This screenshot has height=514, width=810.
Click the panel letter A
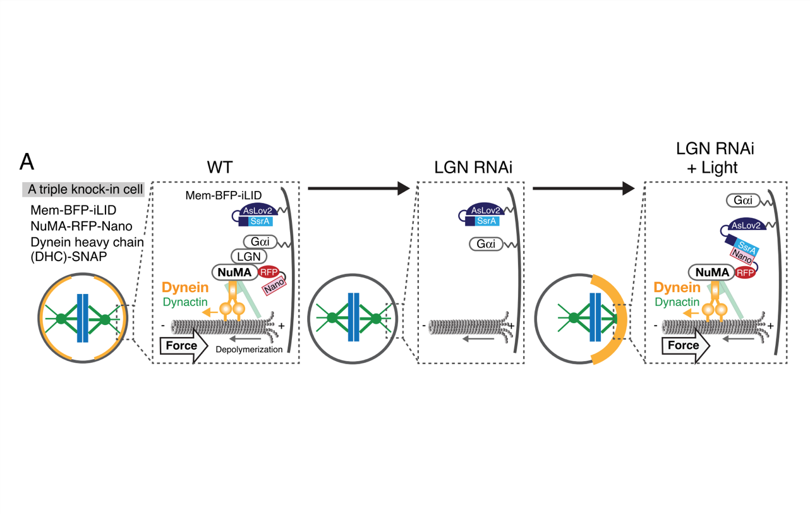coord(27,162)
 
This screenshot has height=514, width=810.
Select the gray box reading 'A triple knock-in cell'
coord(83,190)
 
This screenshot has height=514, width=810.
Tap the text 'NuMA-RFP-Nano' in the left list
coord(82,226)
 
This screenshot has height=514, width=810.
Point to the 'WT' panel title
coord(221,168)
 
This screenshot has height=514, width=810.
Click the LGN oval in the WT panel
coord(248,257)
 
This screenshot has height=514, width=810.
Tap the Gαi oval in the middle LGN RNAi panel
coord(486,244)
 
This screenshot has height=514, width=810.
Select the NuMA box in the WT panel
coord(234,272)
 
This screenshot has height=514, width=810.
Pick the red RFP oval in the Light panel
coord(745,273)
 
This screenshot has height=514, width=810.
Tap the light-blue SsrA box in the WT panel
coord(261,221)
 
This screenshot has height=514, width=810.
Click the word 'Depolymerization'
coord(249,349)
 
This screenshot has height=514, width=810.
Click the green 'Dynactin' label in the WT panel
coord(185,302)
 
